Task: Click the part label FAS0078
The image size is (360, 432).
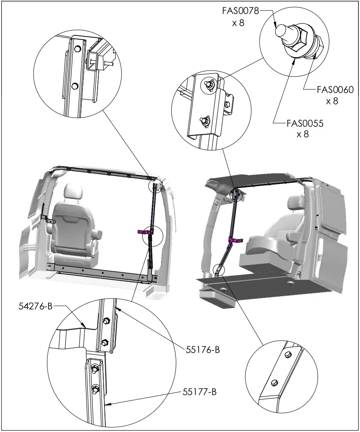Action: tap(240, 11)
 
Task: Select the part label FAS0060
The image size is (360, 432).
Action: tap(335, 89)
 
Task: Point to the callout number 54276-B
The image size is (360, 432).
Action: tap(36, 306)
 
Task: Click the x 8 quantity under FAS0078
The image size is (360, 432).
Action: tap(238, 23)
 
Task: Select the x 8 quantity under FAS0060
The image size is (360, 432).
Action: tap(332, 101)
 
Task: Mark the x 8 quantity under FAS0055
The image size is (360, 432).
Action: tap(302, 134)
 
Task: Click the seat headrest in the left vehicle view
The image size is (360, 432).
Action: tap(73, 191)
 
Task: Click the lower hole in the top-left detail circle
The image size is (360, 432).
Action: tap(74, 86)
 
